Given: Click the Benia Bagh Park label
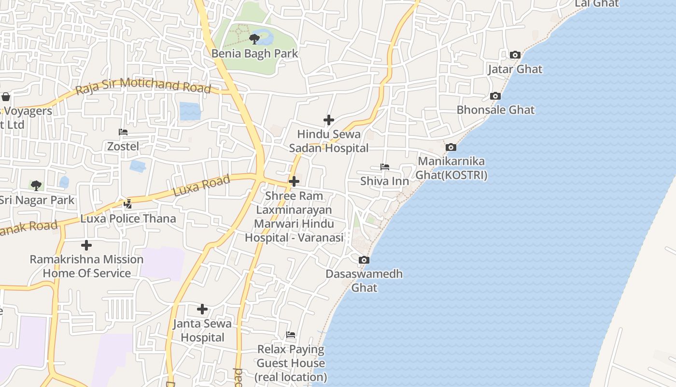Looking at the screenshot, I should pos(255,53).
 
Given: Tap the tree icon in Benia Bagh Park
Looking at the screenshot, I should pos(254,39).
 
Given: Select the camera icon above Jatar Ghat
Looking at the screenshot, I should pos(515,55).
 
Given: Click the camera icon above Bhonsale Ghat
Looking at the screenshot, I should pos(495,96).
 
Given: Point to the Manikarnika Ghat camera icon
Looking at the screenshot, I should pos(451,147).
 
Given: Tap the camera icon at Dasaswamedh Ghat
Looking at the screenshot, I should pos(364,260).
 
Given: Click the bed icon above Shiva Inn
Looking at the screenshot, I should pos(385,167).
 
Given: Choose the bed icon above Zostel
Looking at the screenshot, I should pos(123,132).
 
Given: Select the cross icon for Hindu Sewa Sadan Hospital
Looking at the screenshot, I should pos(329,120).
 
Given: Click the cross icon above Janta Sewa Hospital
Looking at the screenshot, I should pos(202,309).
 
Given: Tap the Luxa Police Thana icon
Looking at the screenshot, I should pos(128,204).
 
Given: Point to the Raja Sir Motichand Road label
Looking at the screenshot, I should pos(143,86).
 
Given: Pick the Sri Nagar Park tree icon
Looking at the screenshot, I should pos(36,185).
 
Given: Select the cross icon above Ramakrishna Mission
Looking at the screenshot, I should pos(86,245).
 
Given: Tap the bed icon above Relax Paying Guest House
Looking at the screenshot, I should pos(291,335).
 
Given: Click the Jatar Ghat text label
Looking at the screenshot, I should pos(515,69).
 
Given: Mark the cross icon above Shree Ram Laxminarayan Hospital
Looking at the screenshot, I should pos(294,181).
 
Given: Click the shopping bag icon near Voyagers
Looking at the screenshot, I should pos(6,97).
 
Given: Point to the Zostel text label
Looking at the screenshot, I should pos(123,146).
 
